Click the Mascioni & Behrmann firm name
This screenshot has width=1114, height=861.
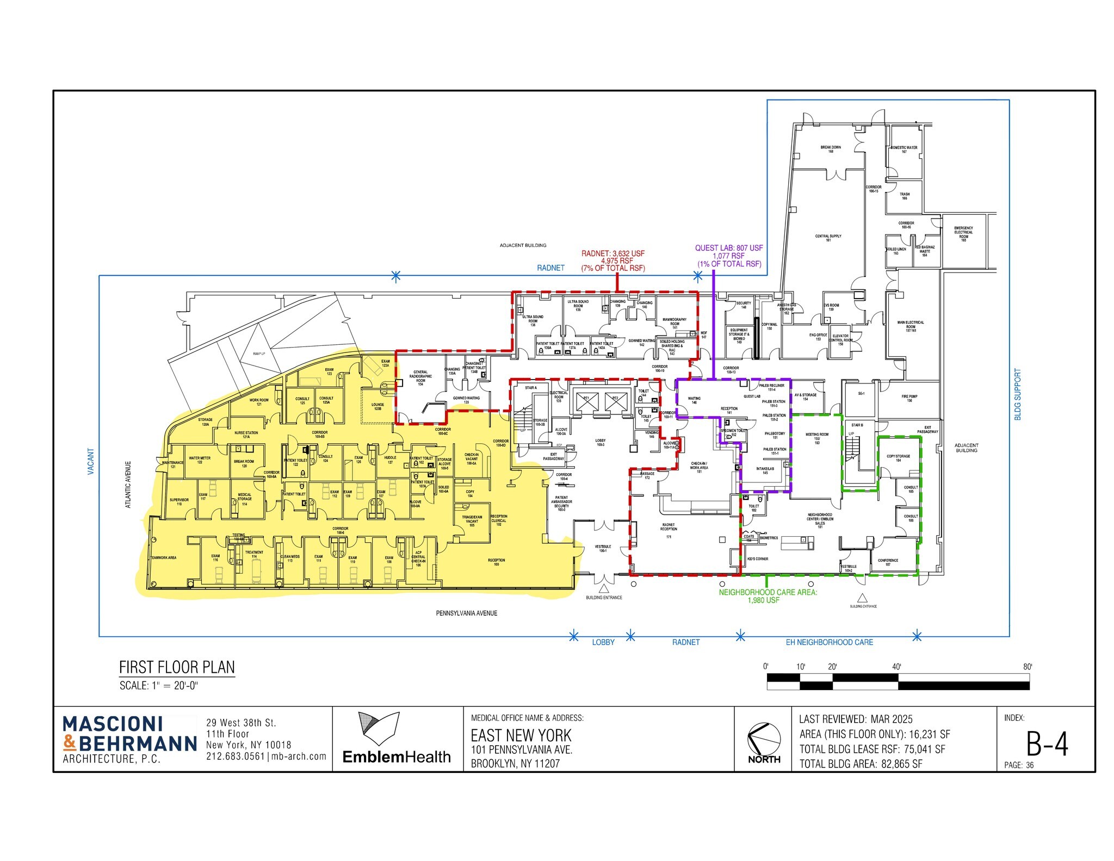pos(129,734)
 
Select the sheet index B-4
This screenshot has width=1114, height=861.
pos(1047,744)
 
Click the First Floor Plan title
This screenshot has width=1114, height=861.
pos(177,667)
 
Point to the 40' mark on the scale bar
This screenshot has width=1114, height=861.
pos(896,667)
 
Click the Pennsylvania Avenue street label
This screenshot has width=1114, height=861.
pos(466,613)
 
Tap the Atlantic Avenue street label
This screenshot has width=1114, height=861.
pos(129,485)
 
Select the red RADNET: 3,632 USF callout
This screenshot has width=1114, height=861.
pos(613,261)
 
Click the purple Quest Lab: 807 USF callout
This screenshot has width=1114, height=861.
pos(729,256)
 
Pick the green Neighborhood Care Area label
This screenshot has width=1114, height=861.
pos(768,596)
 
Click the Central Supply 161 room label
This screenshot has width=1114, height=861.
pos(828,238)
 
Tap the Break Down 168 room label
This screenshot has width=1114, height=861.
pos(830,149)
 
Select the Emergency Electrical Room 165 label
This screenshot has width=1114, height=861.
pos(963,233)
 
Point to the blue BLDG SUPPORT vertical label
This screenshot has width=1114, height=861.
pos(1018,394)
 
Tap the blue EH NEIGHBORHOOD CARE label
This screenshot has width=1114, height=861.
pos(829,642)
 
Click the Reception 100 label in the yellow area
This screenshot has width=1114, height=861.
pos(496,562)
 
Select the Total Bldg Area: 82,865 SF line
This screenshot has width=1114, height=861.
pos(861,764)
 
